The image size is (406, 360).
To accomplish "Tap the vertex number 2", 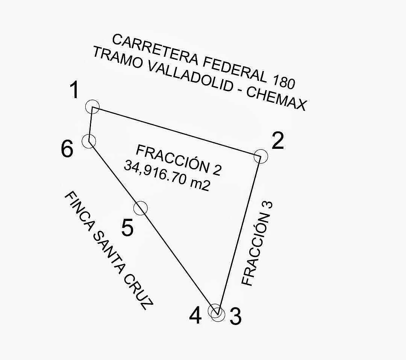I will pos(277,142).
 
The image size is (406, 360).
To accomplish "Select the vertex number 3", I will pos(235,316).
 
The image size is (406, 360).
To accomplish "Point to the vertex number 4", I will pos(195,316).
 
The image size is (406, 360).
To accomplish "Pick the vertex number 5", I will pos(128,228).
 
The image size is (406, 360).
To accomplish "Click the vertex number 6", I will pos(67,150).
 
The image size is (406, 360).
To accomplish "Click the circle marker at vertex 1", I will pos(92,107).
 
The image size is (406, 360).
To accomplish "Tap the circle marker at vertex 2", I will pos(261,156).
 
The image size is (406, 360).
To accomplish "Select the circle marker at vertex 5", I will pos(141,208).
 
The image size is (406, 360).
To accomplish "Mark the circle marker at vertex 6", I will pos(89,141).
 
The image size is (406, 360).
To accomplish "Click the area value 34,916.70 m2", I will pos(167,176).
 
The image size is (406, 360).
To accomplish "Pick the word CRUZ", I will pos(139,293).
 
